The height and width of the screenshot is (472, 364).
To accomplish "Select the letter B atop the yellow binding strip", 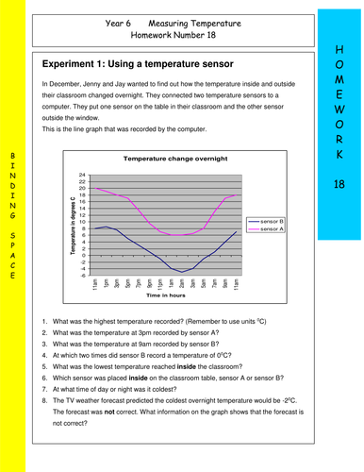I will click(x=11, y=153).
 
